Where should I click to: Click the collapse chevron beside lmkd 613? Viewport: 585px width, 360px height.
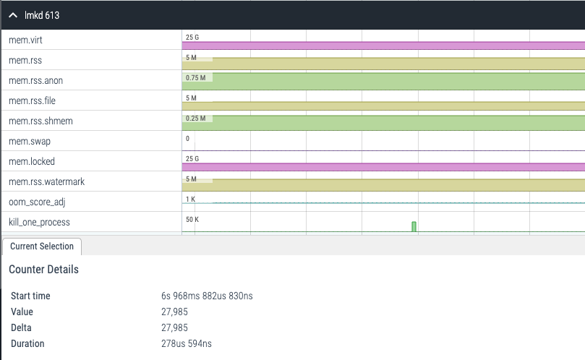click(13, 15)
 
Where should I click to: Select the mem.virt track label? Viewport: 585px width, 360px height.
click(25, 40)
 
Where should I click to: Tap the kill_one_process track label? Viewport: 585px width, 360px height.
click(39, 222)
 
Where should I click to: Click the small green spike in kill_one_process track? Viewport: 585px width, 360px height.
click(414, 227)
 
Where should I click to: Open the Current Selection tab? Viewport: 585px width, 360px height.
click(42, 247)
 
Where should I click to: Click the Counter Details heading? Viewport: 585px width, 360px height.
click(43, 270)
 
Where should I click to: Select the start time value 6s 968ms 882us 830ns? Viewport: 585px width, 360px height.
click(207, 296)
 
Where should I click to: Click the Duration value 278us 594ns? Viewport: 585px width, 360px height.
click(187, 343)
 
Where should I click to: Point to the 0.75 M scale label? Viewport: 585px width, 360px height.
click(196, 77)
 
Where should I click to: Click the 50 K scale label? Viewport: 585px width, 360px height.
click(192, 218)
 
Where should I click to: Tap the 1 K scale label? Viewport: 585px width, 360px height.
click(191, 199)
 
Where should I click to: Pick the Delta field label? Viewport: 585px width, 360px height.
click(22, 327)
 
